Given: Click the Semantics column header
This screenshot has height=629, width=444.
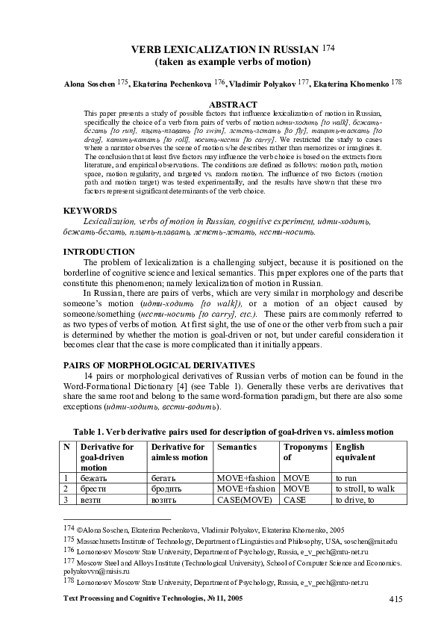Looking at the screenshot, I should (236, 447).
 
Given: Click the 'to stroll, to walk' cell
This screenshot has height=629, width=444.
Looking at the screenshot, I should (365, 488).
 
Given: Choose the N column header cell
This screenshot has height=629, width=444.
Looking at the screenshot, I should (67, 447).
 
